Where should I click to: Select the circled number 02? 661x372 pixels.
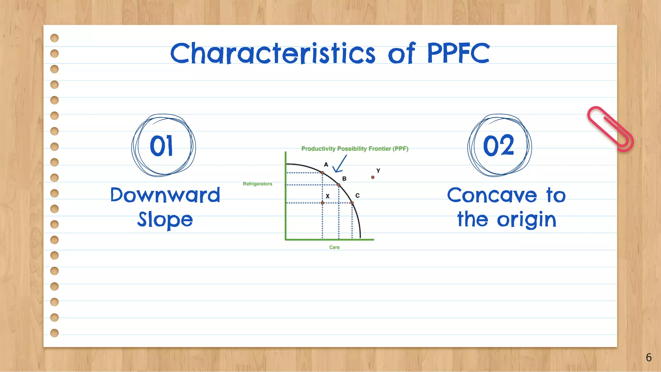499,146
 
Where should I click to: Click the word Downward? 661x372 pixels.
165,195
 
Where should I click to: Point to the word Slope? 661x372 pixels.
165,220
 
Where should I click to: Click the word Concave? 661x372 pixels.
492,195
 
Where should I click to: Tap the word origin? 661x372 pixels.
527,220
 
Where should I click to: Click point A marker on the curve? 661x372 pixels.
322,173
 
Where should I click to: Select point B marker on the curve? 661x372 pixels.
339,185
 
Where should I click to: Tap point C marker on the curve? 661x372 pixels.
352,203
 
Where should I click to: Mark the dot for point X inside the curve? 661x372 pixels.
322,203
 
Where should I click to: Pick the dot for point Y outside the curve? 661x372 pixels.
373,177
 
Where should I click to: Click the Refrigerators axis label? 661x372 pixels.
258,184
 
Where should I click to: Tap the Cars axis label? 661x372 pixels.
334,247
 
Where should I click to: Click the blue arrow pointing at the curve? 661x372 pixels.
340,164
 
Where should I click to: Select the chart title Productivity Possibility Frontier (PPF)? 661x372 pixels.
355,149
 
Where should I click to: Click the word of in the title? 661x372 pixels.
401,53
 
